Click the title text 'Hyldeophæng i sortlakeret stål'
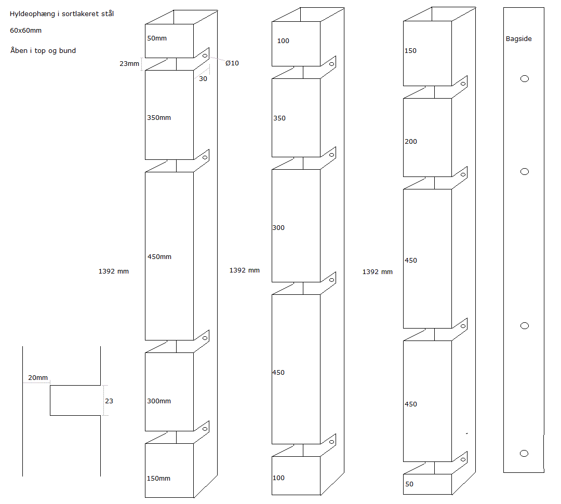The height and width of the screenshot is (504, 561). tap(62, 14)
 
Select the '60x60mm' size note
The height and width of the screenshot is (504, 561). tap(25, 31)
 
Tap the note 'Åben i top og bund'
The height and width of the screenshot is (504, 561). tap(43, 50)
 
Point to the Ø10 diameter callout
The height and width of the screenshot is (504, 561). tap(232, 63)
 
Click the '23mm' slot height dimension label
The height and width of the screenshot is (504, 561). tap(129, 64)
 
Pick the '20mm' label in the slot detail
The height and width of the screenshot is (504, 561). tap(37, 378)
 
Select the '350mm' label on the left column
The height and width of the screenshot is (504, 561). tap(159, 118)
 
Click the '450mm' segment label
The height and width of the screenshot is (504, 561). tap(159, 257)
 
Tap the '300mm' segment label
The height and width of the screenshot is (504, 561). tap(159, 401)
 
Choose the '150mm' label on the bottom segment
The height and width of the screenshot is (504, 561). tap(159, 479)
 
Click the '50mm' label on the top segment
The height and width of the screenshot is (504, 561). tap(157, 38)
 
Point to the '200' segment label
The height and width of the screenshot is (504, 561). tap(410, 142)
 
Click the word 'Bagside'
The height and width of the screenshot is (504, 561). tap(518, 39)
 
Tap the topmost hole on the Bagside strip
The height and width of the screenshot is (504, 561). tap(524, 79)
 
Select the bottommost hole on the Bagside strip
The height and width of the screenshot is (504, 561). tap(524, 454)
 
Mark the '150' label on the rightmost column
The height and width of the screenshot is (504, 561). tap(410, 51)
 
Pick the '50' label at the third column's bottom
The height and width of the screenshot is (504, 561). tap(409, 484)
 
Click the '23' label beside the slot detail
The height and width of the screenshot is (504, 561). tap(109, 401)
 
